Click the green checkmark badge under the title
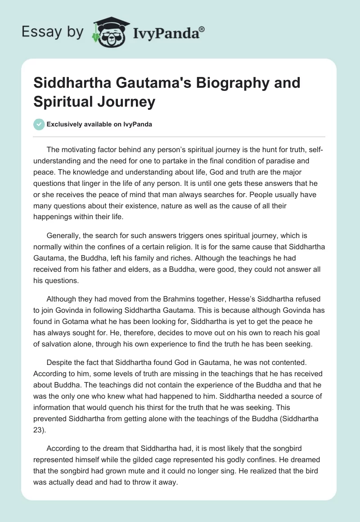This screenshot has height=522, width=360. coord(39,124)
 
